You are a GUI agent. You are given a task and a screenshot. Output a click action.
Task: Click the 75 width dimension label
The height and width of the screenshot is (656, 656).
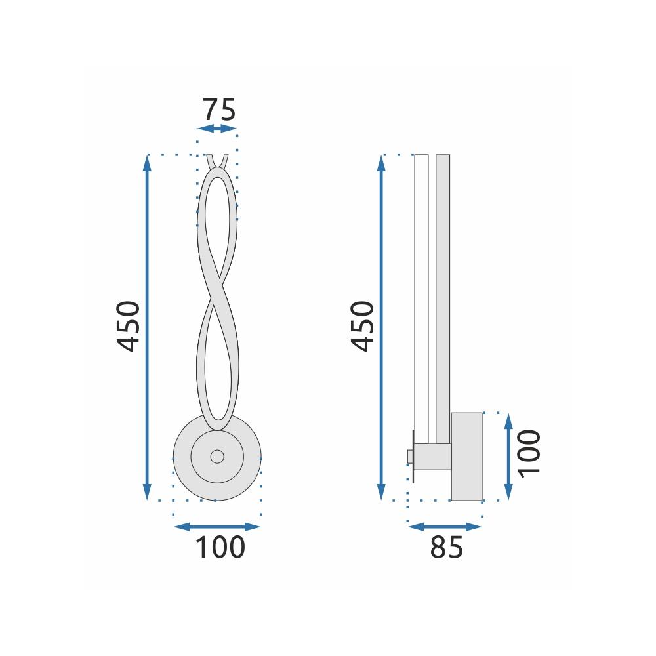click(218, 110)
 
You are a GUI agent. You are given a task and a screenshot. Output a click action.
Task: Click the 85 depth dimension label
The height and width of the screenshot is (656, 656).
click(446, 548)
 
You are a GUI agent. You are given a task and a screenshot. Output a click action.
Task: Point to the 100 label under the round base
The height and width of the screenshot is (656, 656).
click(220, 548)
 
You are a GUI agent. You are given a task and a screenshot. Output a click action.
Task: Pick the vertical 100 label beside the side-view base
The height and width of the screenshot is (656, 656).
click(529, 453)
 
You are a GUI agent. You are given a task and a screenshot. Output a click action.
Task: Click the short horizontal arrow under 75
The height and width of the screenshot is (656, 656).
click(217, 129)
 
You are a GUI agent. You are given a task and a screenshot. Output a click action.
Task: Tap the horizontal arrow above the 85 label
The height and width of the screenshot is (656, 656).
click(445, 526)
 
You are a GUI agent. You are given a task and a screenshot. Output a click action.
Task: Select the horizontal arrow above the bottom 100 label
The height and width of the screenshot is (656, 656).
click(217, 526)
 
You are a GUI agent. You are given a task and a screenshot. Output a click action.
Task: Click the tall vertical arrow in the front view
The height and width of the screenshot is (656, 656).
click(147, 327)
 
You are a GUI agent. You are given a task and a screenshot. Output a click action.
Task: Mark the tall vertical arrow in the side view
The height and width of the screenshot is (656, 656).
click(381, 327)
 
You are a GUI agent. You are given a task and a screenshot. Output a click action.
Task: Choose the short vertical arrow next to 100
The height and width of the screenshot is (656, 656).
click(508, 456)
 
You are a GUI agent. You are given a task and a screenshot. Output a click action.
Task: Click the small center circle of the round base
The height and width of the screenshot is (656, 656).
click(216, 456)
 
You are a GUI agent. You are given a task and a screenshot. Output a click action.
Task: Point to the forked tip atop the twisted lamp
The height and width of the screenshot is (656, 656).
click(217, 161)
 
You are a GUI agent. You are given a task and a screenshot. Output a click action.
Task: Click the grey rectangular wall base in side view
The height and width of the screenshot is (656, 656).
click(466, 456)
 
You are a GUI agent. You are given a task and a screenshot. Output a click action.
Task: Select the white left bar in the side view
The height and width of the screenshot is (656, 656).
click(421, 295)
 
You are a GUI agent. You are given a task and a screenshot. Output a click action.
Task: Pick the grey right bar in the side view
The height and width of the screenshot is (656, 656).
click(443, 295)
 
